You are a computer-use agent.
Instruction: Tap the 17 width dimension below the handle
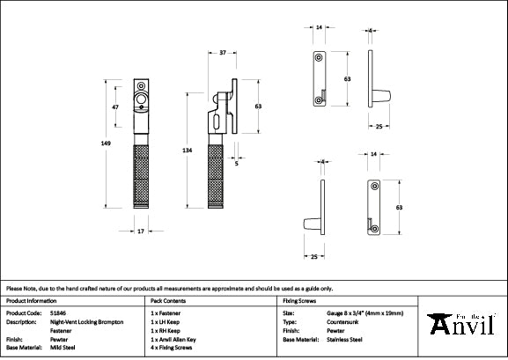coord(142,232)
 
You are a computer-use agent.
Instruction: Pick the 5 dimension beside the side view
coord(238,162)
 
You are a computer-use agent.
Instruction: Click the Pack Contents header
coord(168,300)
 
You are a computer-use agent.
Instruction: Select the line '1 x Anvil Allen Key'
coord(175,340)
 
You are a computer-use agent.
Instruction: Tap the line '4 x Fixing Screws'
coord(173,349)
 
